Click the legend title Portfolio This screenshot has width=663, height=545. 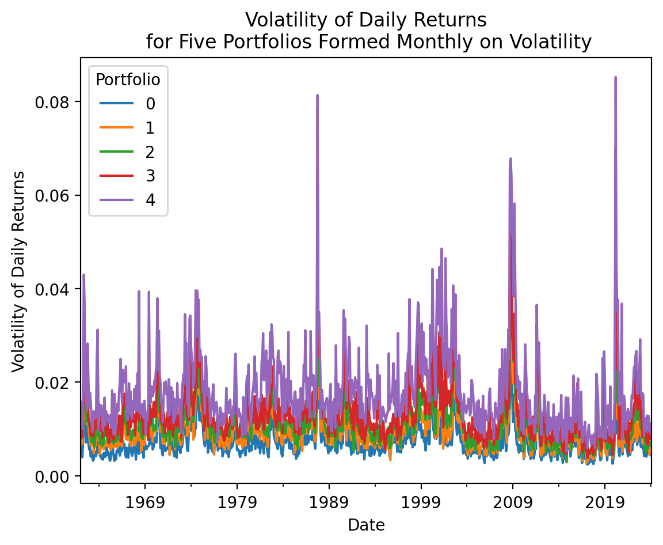(128, 80)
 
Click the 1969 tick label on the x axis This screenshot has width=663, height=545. (145, 501)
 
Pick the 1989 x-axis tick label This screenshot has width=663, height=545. (329, 501)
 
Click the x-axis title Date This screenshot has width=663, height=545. (366, 525)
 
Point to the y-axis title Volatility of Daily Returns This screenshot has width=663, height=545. (18, 271)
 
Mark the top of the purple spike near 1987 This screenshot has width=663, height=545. (317, 95)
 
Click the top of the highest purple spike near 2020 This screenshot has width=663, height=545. (615, 77)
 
